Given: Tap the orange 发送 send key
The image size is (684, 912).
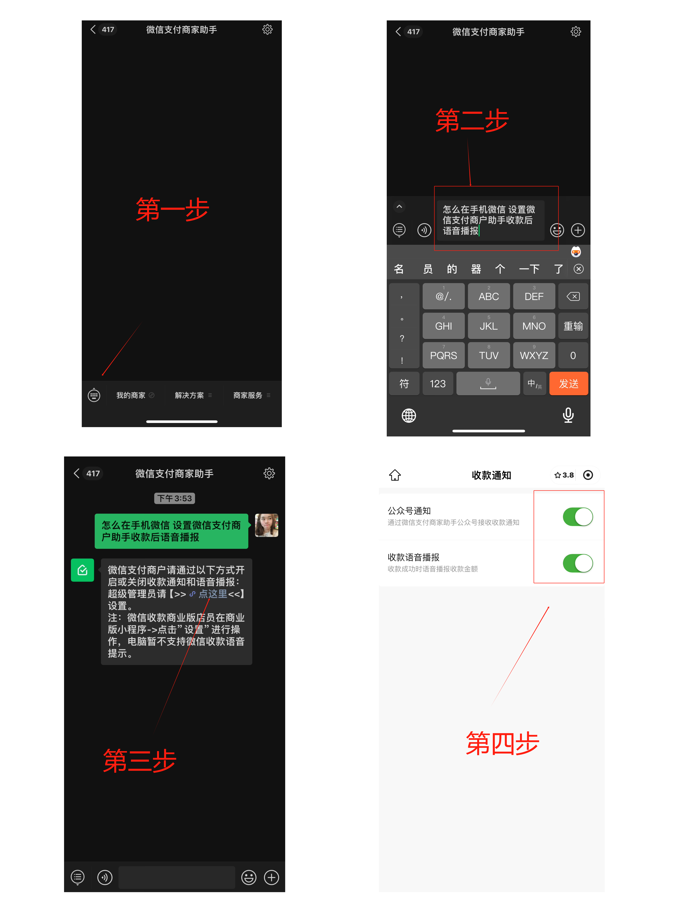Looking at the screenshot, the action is coord(569,384).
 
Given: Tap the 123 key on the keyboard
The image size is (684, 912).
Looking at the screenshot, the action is coord(437,384).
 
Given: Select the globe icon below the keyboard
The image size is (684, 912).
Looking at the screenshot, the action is coord(409,416).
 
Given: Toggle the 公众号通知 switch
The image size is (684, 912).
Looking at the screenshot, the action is coord(578,517).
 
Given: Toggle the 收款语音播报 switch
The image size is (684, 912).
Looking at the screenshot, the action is coord(578,563).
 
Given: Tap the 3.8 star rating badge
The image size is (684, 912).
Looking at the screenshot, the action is coord(564,475).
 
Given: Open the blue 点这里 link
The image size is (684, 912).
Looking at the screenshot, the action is coord(213,594).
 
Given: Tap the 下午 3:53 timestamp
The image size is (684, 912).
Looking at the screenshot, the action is coord(174,498).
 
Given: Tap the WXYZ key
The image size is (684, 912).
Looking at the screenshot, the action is coord(534,355).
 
